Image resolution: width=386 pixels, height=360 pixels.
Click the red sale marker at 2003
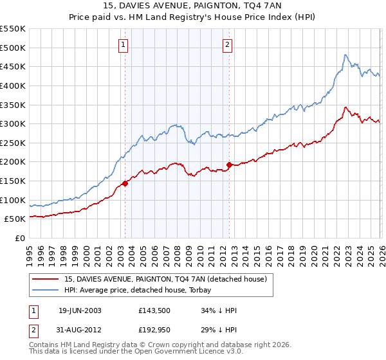click(125, 183)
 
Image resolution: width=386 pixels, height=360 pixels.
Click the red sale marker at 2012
click(229, 165)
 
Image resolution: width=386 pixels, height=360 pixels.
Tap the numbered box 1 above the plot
click(123, 44)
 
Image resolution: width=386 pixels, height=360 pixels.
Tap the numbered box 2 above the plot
click(228, 44)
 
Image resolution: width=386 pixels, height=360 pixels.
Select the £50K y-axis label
click(15, 219)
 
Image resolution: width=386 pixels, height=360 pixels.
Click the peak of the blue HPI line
click(345, 55)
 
